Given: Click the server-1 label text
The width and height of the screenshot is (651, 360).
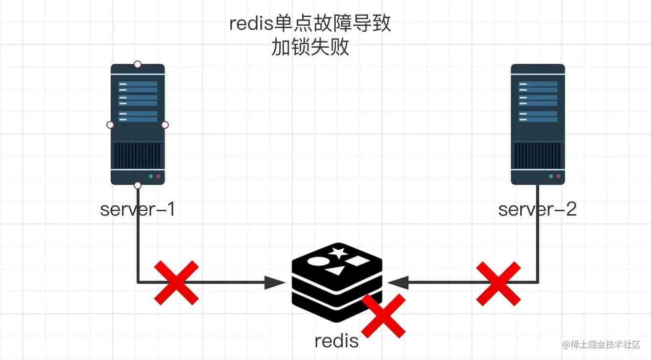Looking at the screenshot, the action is pyautogui.click(x=138, y=209).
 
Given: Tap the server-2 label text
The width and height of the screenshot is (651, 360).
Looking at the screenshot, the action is pyautogui.click(x=537, y=209).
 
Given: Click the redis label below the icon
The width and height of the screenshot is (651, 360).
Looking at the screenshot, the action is pyautogui.click(x=337, y=340).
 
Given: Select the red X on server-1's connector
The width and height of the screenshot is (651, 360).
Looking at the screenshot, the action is pyautogui.click(x=176, y=283).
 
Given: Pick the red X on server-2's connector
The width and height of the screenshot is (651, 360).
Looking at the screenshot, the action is pyautogui.click(x=498, y=283).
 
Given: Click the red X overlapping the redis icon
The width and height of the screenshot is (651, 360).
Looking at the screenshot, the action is pyautogui.click(x=384, y=316).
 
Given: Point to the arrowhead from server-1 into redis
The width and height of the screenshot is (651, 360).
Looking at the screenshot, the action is pyautogui.click(x=275, y=283).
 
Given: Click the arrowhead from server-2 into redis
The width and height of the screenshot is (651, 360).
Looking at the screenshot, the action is pyautogui.click(x=398, y=283).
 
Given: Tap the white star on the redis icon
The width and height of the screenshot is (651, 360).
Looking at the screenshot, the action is pyautogui.click(x=338, y=253).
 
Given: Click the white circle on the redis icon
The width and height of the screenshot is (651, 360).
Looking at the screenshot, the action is pyautogui.click(x=319, y=261).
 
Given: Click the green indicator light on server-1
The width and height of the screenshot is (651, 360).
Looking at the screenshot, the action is pyautogui.click(x=150, y=177).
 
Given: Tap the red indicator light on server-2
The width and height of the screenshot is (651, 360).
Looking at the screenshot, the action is pyautogui.click(x=558, y=177).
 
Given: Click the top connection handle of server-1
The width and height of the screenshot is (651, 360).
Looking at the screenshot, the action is pyautogui.click(x=138, y=64).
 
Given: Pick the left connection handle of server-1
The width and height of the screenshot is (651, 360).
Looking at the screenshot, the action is pyautogui.click(x=110, y=125).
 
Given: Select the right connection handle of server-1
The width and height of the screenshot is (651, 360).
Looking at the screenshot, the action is pyautogui.click(x=165, y=125).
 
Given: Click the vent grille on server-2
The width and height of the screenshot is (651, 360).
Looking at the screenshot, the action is pyautogui.click(x=538, y=156).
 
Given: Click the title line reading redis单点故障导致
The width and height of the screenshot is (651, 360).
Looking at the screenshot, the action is pyautogui.click(x=310, y=23).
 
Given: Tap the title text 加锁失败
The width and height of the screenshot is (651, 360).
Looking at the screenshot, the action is pyautogui.click(x=310, y=47).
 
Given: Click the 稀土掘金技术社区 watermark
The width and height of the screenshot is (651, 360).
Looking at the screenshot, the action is pyautogui.click(x=601, y=344).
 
